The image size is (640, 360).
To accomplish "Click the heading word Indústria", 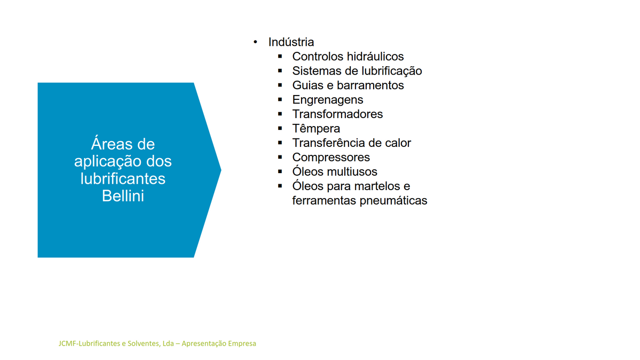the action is (x=291, y=42).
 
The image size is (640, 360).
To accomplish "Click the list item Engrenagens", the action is (x=327, y=100).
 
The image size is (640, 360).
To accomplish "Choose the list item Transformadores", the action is (x=337, y=114).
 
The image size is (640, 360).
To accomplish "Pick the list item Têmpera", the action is (x=316, y=129).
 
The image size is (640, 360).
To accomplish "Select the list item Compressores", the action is (x=331, y=158).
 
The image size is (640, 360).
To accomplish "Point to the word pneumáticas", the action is (x=393, y=201).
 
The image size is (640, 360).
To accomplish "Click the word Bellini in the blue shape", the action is (x=123, y=196).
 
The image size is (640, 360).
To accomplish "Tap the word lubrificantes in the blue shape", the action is (x=123, y=178).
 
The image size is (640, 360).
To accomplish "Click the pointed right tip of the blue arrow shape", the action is (x=221, y=170).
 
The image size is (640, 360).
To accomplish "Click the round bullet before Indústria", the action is (x=256, y=42).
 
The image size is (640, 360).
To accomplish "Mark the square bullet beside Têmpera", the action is (x=280, y=128).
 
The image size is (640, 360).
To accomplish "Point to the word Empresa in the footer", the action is (x=242, y=344).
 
